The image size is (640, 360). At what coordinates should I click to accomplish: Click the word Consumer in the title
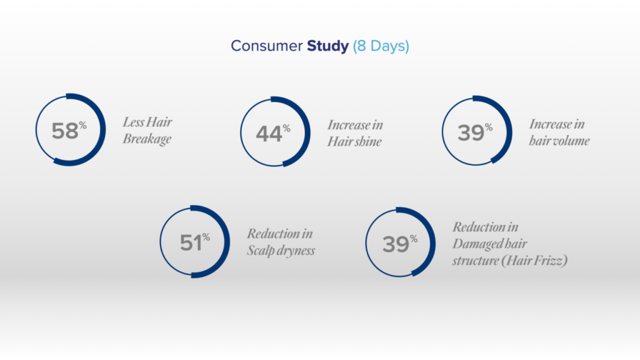click(x=266, y=46)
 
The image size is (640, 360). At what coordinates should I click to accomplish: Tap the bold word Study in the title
click(x=327, y=46)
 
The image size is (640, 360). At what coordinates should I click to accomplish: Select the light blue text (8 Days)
click(x=381, y=46)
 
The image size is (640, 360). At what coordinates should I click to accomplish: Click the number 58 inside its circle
click(x=65, y=131)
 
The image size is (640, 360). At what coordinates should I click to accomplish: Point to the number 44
click(x=269, y=134)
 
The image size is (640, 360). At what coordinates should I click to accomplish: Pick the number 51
click(x=191, y=243)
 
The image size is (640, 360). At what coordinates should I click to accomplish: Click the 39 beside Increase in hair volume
click(x=471, y=133)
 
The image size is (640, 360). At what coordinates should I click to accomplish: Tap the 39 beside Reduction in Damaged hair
click(x=396, y=244)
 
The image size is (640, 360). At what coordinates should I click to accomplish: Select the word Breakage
click(x=147, y=139)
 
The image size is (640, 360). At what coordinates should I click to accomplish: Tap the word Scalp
click(x=261, y=251)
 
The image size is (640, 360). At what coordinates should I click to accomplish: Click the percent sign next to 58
click(x=83, y=125)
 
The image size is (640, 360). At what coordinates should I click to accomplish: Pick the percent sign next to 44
click(x=286, y=129)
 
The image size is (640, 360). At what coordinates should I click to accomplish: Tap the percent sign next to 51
click(x=206, y=237)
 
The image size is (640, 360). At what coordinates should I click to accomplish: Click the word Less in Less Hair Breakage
click(x=133, y=122)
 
